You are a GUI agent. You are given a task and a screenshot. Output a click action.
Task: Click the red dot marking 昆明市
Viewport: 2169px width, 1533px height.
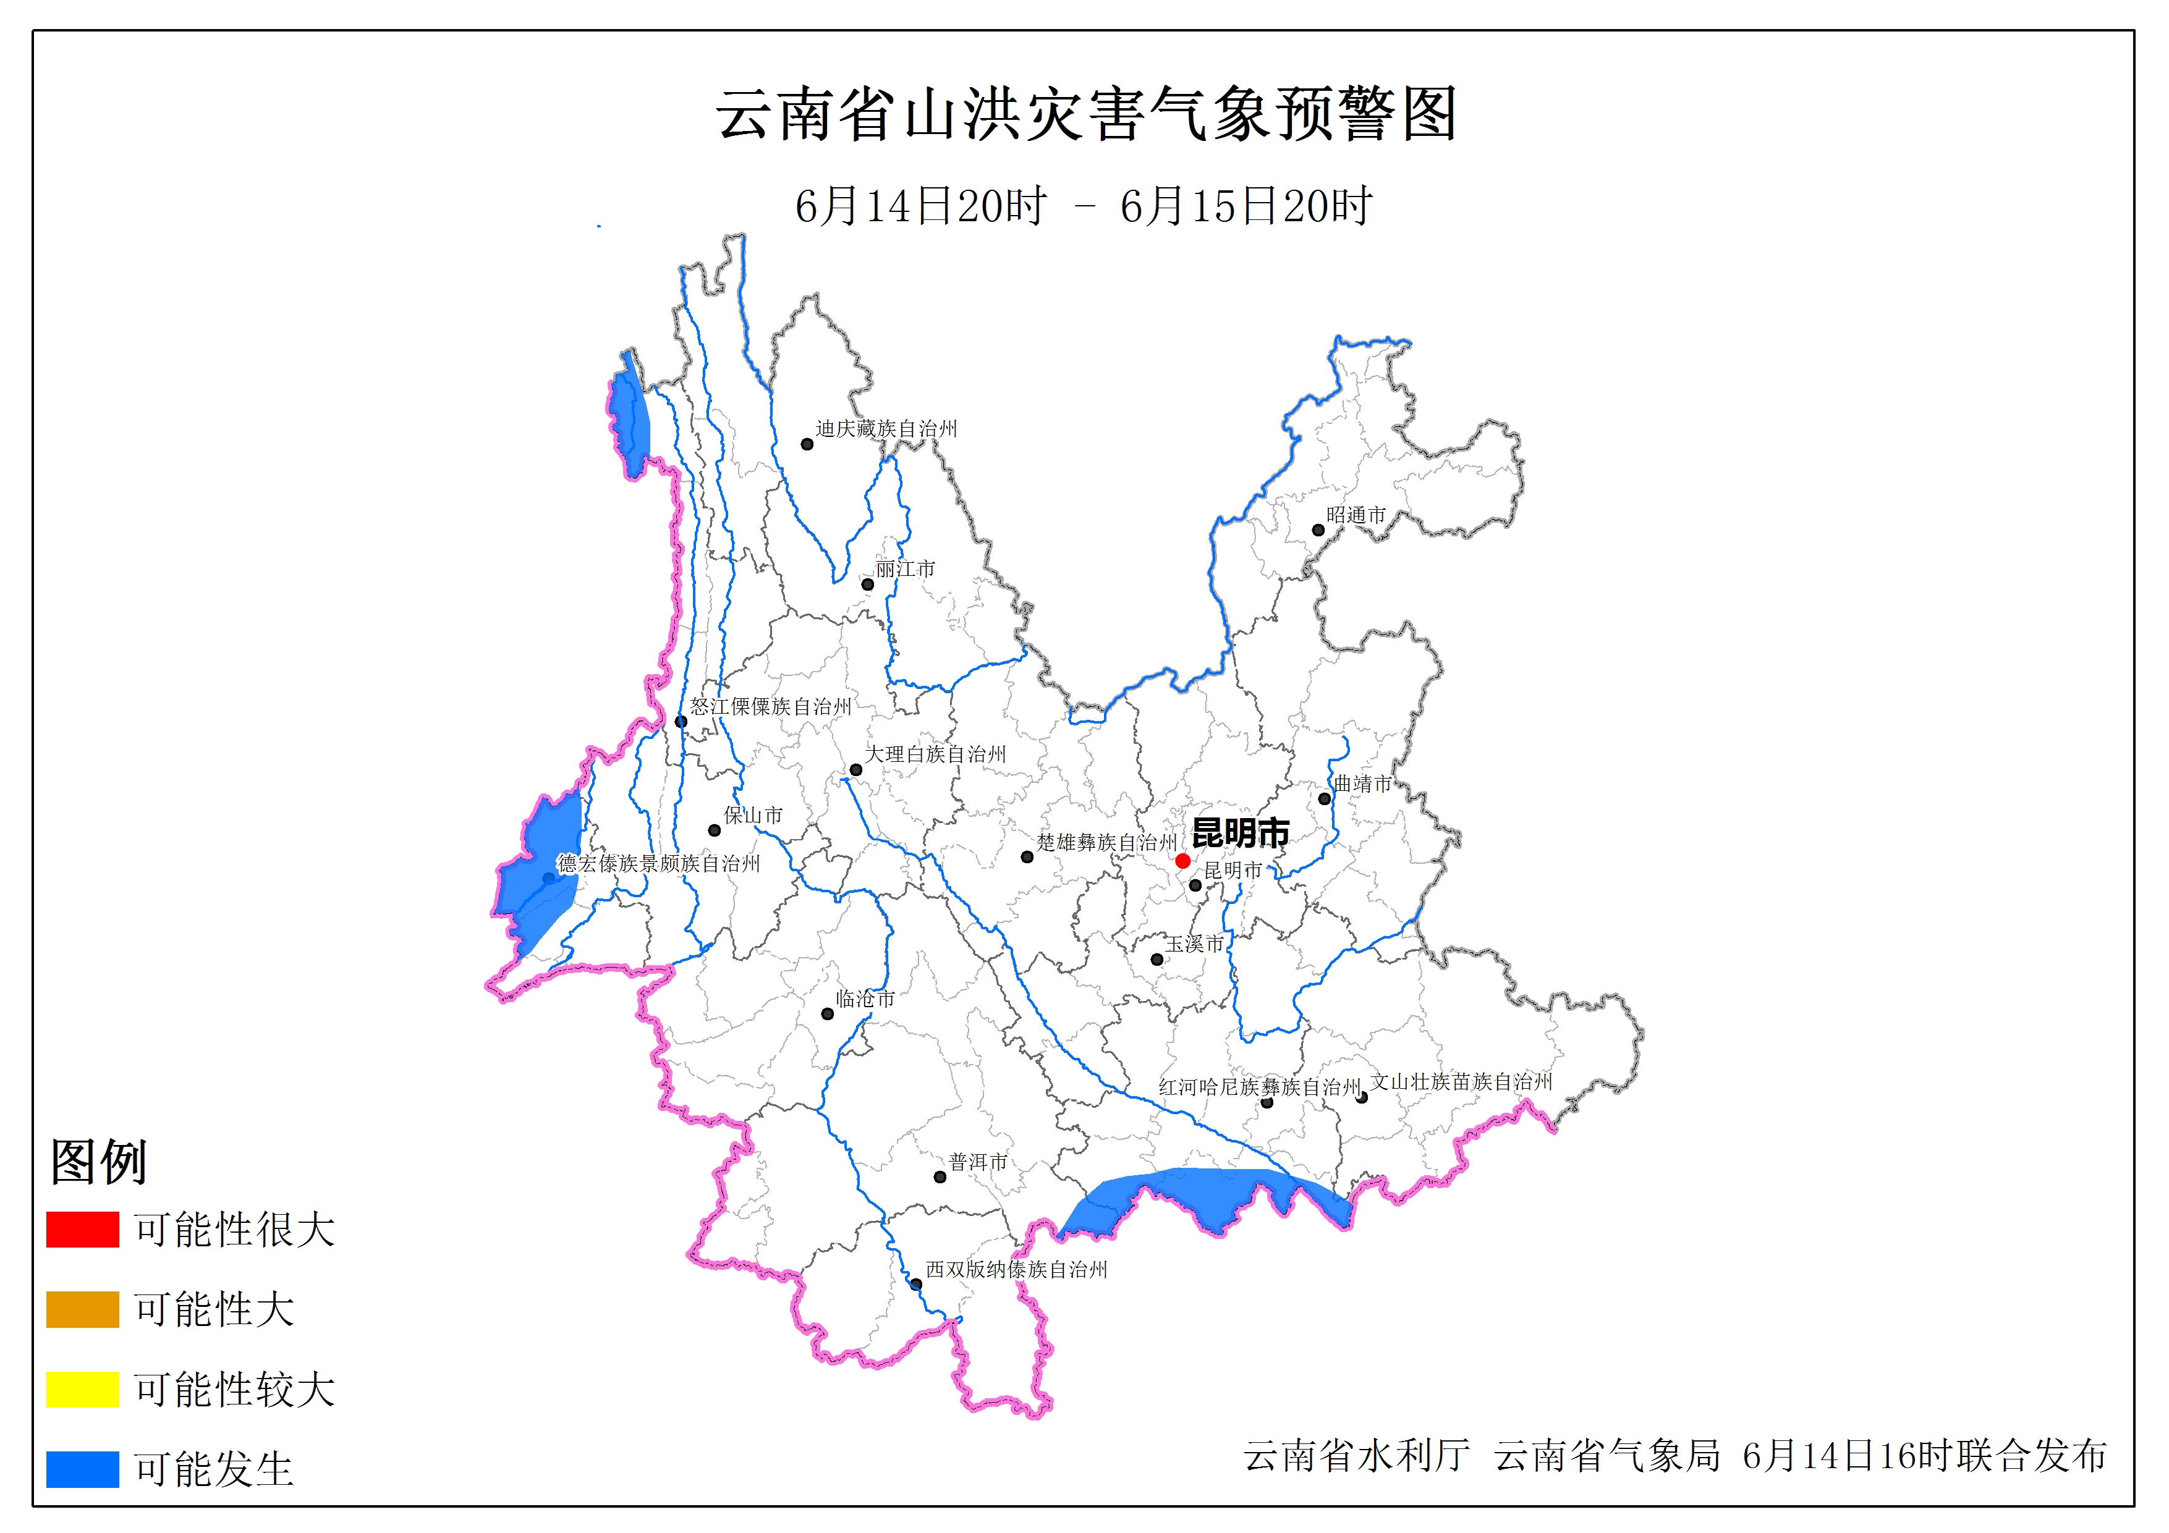[1182, 861]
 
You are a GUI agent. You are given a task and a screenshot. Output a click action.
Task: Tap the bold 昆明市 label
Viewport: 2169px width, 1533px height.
[1241, 833]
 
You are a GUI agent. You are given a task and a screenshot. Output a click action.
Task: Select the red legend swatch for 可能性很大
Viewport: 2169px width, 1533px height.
[82, 1229]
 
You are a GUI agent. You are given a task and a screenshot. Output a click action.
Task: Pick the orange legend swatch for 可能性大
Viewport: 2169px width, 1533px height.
[82, 1309]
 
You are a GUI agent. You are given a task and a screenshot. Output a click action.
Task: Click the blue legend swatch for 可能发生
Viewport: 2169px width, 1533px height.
[82, 1469]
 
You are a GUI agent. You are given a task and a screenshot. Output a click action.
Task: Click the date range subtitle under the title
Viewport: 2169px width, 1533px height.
[1084, 206]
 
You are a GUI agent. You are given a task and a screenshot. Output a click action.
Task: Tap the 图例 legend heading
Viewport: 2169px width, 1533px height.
[98, 1161]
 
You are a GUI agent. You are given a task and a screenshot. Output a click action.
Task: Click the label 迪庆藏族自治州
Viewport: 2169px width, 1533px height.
[886, 429]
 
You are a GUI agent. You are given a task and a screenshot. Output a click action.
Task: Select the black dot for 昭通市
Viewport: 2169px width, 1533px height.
[1318, 530]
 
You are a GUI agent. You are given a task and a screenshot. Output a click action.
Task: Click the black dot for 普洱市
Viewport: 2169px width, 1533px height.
[940, 1177]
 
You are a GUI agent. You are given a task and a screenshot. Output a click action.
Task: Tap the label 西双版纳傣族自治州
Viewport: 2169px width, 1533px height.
[1016, 1270]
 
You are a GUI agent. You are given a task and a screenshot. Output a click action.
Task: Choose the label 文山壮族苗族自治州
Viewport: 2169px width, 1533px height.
[1461, 1081]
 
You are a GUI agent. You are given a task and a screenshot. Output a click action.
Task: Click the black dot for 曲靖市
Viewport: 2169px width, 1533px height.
[1325, 798]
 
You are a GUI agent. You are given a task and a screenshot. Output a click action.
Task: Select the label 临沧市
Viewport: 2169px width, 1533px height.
[865, 999]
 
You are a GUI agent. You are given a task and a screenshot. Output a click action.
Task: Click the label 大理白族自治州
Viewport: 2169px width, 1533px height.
[935, 754]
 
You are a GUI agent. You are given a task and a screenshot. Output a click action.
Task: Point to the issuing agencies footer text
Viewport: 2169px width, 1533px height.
[1674, 1456]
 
